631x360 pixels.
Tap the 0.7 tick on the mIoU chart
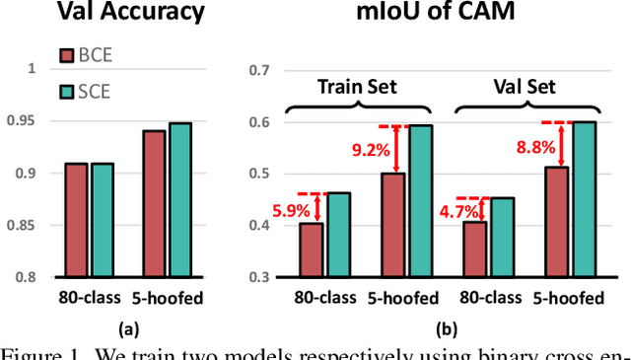coord(257,70)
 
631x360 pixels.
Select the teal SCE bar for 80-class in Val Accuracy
coord(104,220)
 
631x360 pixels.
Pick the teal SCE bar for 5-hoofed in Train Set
coord(421,201)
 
